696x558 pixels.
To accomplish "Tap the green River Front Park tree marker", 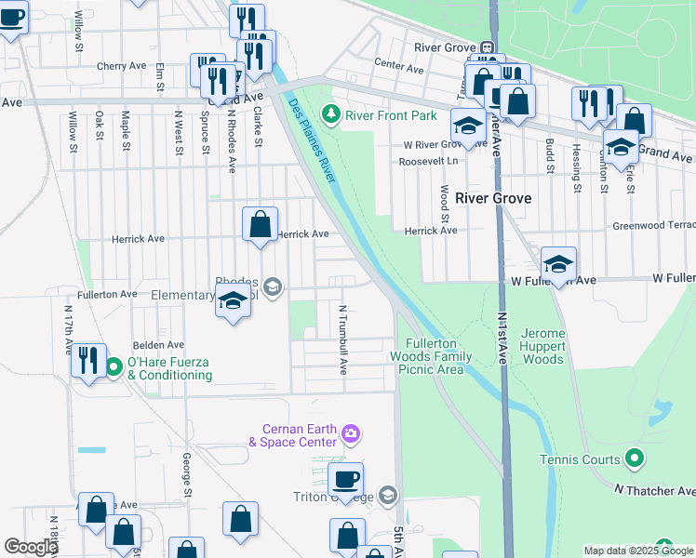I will coord(329,115).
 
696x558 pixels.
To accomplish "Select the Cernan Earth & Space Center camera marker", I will coord(351,433).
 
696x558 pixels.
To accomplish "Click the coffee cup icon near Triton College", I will coord(345,481).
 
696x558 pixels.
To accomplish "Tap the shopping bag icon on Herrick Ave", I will coord(260,225).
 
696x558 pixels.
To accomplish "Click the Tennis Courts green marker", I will coord(635,458).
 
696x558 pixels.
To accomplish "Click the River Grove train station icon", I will coord(487,47).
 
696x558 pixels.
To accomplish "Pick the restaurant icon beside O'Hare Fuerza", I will coord(88,361).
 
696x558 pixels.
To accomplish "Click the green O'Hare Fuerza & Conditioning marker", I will coord(114,368).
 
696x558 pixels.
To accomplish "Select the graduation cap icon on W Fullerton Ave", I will coord(557,266).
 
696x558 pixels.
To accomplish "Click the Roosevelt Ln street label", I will coord(429,161).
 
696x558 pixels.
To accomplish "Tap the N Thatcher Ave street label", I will coord(654,490).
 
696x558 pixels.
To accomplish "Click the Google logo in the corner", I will coord(31,547).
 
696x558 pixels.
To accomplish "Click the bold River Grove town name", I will coord(499,198).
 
